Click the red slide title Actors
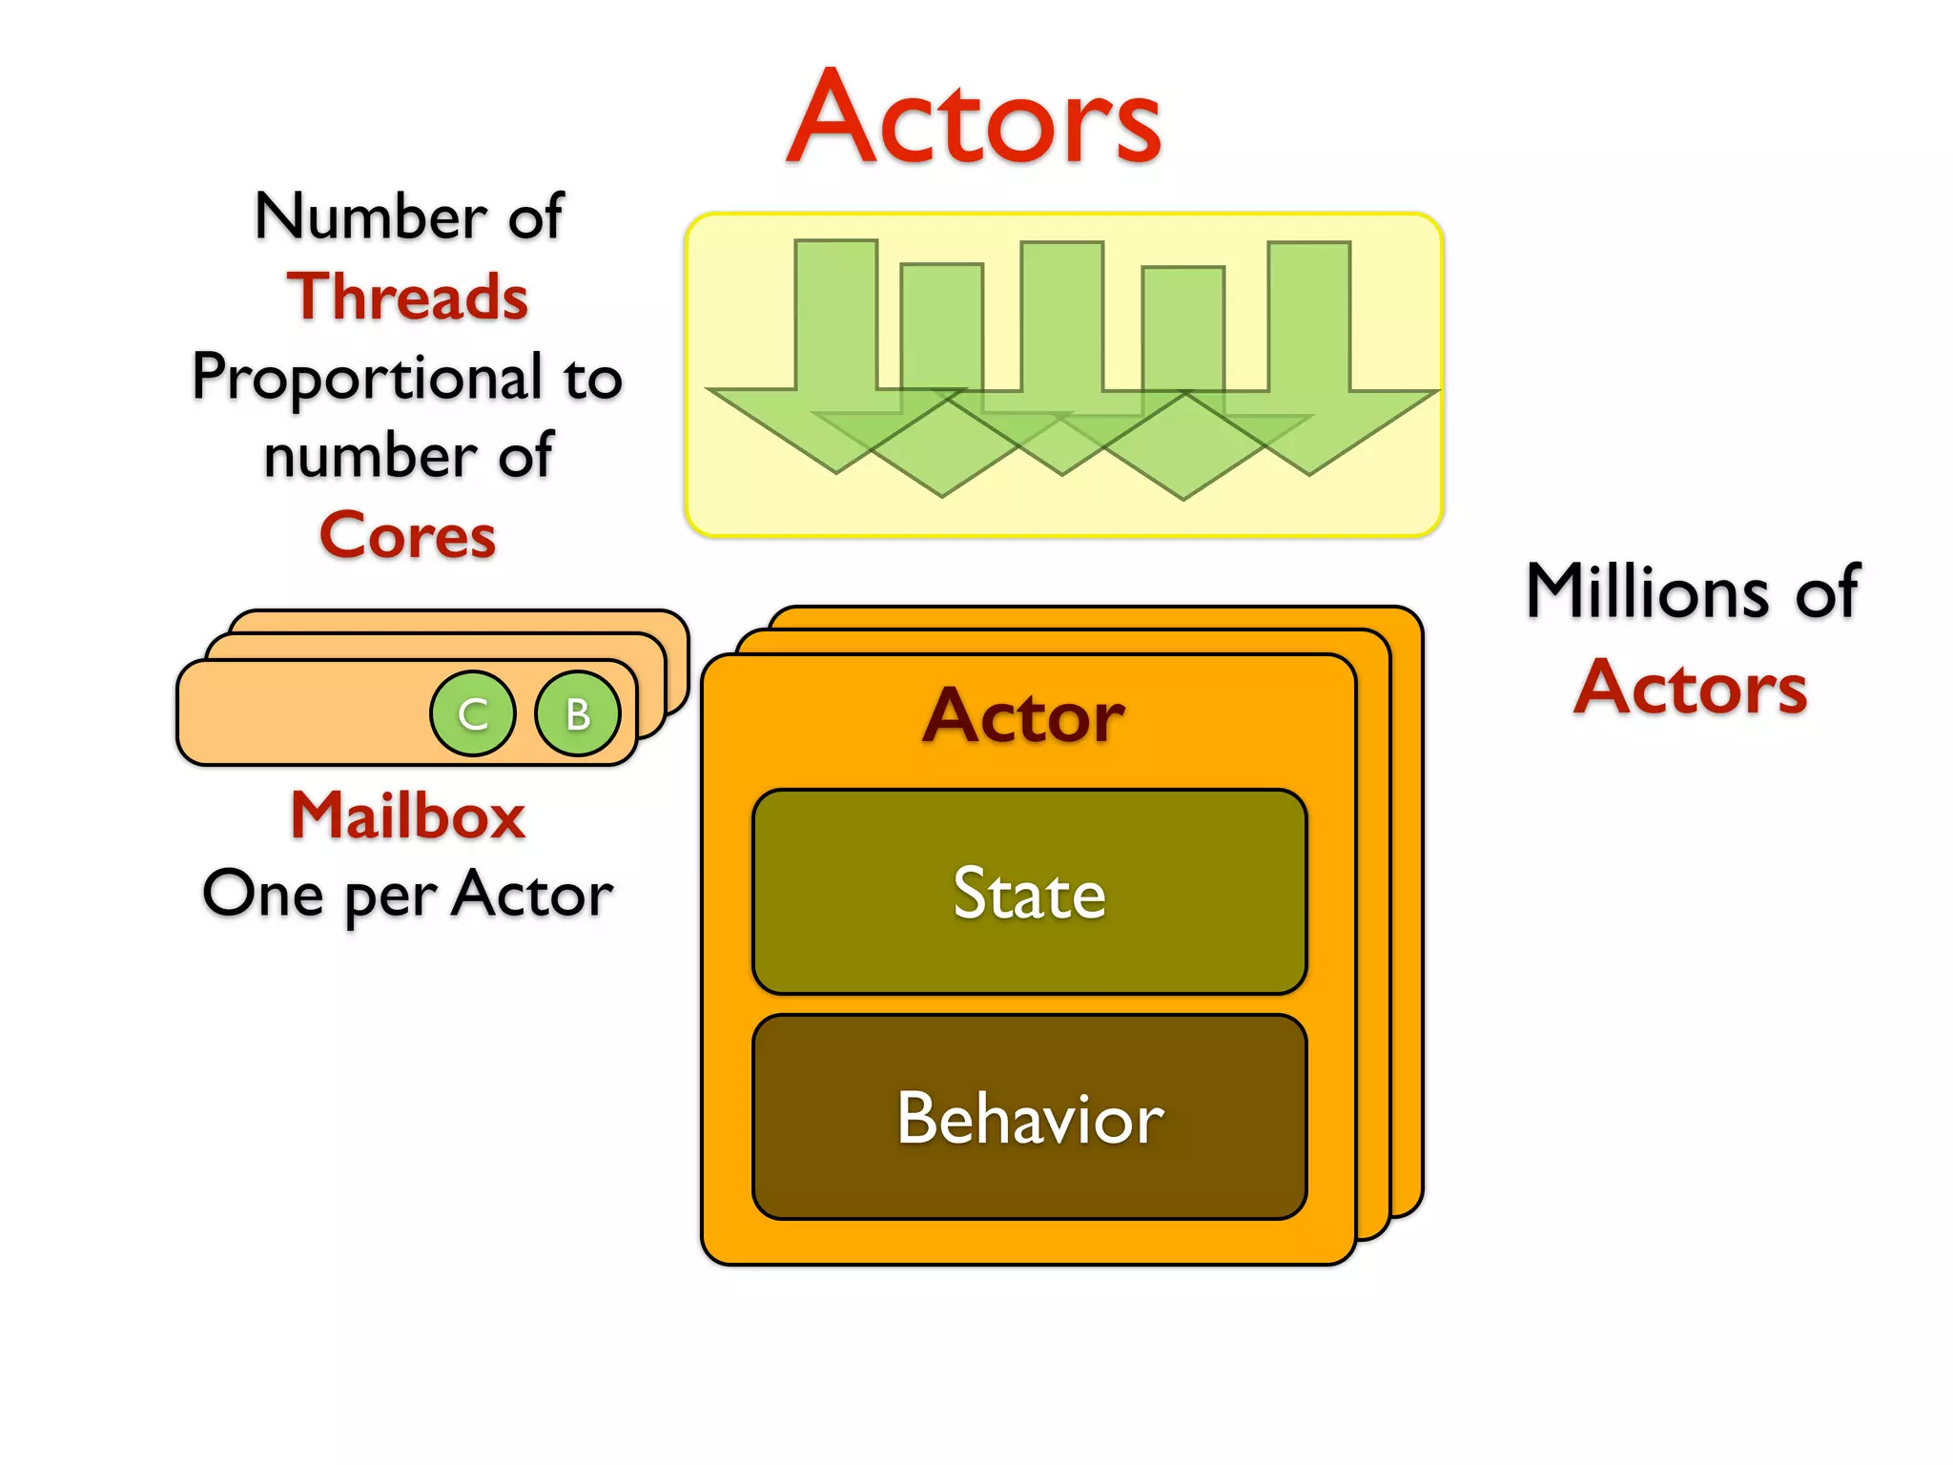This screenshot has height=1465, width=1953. coord(975,119)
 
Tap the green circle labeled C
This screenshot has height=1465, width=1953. coord(473,713)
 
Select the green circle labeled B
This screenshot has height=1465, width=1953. coord(578,713)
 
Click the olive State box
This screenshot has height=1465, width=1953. coord(1029,839)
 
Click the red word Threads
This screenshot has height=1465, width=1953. coord(407,297)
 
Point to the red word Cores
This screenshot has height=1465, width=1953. coord(407,535)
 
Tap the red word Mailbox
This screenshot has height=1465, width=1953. coord(407,816)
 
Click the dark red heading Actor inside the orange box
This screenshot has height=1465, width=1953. coord(1023,716)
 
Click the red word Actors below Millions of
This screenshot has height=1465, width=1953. coord(1691,688)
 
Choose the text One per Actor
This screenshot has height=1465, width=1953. coord(407,895)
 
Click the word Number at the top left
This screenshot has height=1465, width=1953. coord(371,217)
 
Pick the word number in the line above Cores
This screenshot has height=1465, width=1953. coord(366,456)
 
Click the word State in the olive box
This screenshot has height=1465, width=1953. coord(1029,894)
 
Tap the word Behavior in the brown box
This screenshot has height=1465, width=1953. coord(1029,1118)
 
